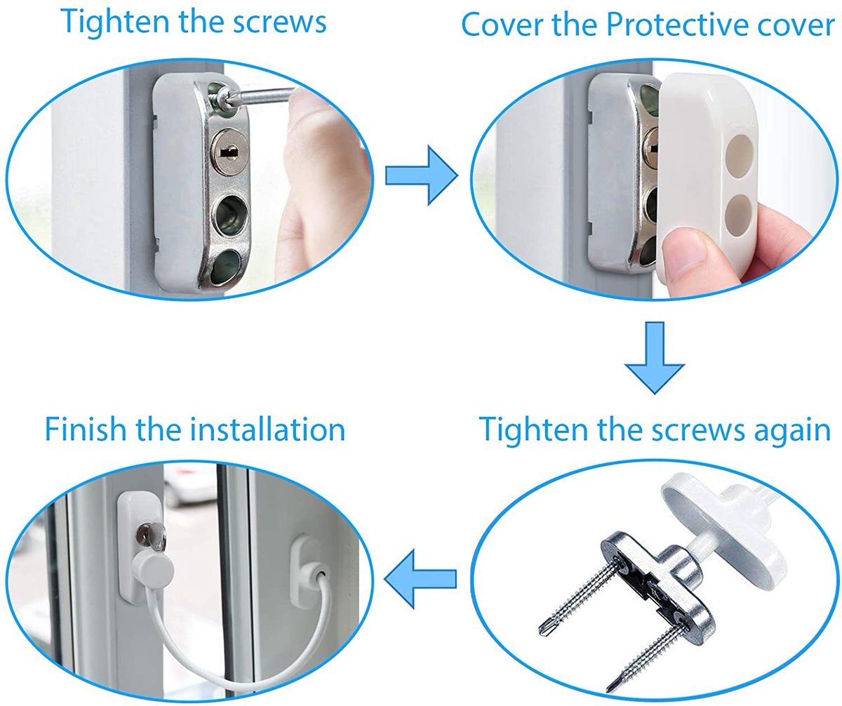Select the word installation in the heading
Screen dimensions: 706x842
(267, 429)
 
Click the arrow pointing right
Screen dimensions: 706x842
(420, 175)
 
